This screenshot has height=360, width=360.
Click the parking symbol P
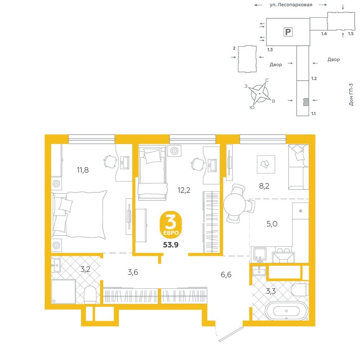[288, 32]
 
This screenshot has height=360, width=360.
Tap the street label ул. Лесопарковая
[291, 5]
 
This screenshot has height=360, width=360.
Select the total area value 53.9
[171, 245]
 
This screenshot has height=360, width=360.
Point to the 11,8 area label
[83, 170]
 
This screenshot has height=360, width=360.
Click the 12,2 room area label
[184, 190]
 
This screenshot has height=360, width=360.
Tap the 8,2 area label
[264, 186]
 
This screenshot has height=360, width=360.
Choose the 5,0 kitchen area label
[272, 224]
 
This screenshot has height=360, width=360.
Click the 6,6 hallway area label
[226, 274]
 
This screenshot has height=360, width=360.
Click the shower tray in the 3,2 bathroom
[63, 292]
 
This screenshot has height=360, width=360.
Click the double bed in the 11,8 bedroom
[79, 215]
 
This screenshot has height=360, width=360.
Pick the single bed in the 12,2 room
[152, 174]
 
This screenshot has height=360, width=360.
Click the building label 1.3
[270, 50]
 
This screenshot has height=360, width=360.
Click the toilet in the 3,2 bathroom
[90, 294]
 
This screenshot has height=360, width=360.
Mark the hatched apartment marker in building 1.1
[306, 102]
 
